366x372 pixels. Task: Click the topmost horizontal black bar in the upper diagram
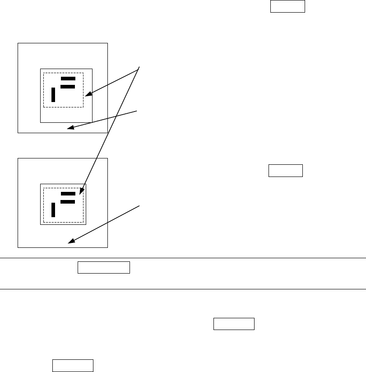(68, 79)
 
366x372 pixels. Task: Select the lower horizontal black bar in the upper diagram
(68, 86)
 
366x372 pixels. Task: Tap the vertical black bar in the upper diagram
(53, 95)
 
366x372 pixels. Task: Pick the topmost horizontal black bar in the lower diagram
(68, 194)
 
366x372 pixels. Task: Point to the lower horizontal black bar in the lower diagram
(68, 201)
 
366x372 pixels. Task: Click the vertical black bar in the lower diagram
(53, 210)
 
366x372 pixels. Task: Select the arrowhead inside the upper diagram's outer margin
(69, 129)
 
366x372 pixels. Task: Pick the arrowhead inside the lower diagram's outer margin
(69, 242)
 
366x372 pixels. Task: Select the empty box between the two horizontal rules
(104, 267)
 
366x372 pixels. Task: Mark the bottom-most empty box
(73, 365)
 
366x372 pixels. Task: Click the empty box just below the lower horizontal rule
(234, 325)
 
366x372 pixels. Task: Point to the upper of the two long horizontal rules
(183, 258)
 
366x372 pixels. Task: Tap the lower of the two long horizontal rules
(183, 289)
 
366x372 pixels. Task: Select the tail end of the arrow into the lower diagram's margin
(139, 205)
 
